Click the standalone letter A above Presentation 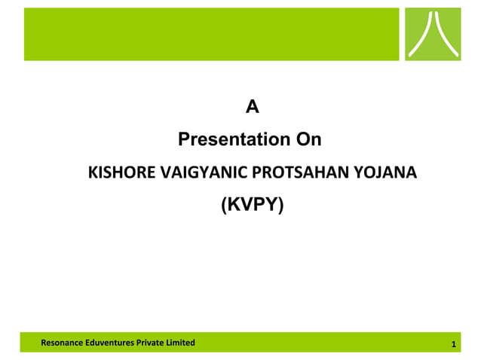[253, 108]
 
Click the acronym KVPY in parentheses [252, 203]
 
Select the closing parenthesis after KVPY [281, 204]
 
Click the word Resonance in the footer [62, 343]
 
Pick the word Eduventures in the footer [110, 343]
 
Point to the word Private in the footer [152, 343]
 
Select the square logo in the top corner [433, 34]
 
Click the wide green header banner [211, 34]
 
